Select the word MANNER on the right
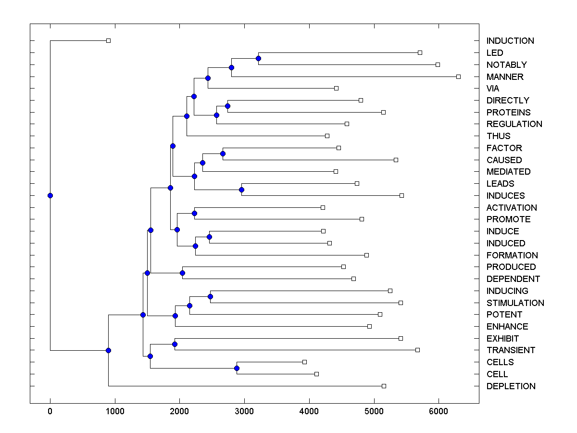click(x=505, y=76)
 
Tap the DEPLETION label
click(x=511, y=386)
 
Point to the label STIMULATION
click(x=515, y=303)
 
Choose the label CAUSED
click(x=504, y=160)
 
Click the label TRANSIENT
click(x=511, y=350)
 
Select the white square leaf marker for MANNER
click(x=458, y=76)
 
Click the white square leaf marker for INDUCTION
click(x=108, y=41)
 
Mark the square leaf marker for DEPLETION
click(x=384, y=386)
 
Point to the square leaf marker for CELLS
click(x=304, y=362)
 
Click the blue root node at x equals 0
click(x=50, y=195)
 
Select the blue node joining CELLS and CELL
click(x=237, y=368)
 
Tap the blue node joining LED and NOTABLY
click(x=258, y=58)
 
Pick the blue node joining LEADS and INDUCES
click(x=241, y=190)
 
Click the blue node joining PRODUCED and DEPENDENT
click(x=182, y=273)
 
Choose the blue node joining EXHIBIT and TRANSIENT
click(x=175, y=344)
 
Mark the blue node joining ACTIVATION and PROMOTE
click(x=195, y=213)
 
